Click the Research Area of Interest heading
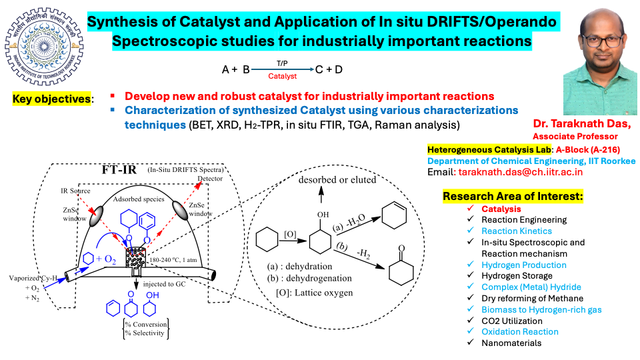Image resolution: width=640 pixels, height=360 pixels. [513, 197]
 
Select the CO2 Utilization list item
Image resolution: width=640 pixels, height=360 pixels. [512, 321]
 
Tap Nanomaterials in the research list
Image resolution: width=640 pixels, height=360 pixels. [511, 343]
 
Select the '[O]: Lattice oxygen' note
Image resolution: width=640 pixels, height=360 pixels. [311, 293]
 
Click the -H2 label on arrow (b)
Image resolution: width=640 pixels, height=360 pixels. [365, 253]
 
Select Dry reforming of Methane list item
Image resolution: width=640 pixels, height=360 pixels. [532, 298]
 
